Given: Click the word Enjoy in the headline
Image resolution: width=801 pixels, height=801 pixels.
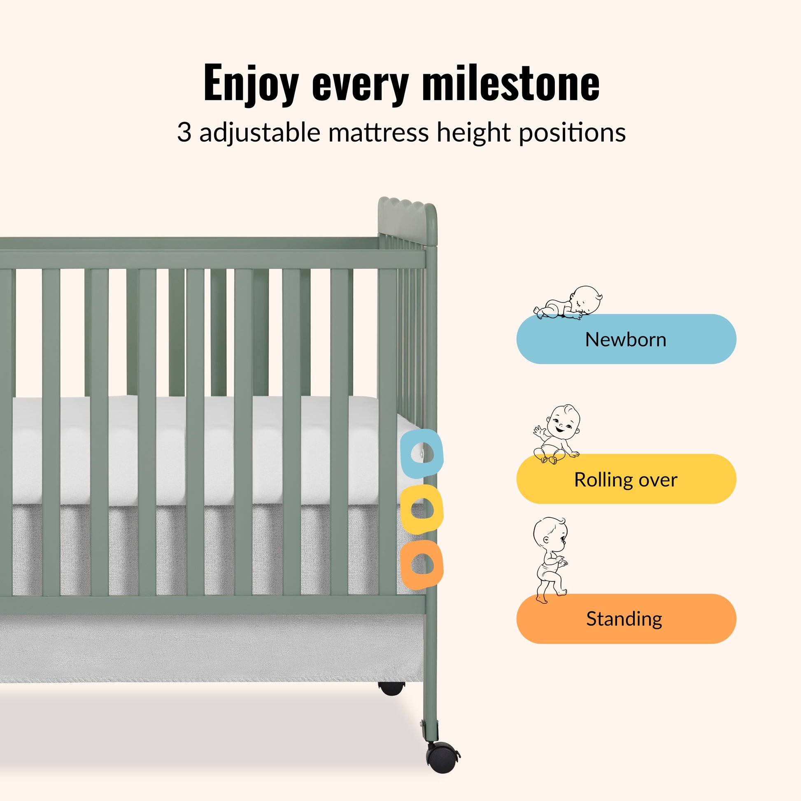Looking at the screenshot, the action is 251,84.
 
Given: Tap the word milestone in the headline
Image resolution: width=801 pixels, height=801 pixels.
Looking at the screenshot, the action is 511,82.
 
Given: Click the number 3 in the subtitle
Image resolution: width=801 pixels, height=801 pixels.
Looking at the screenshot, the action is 184,133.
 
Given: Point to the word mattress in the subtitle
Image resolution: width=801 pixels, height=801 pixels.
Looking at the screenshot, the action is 379,133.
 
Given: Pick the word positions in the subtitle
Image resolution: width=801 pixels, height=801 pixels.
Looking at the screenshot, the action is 572,133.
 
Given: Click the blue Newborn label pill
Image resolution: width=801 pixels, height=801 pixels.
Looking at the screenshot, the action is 626,339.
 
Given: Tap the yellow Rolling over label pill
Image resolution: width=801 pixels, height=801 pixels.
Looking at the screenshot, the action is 626,479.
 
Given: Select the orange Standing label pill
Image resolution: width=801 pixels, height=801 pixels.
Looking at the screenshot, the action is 626,619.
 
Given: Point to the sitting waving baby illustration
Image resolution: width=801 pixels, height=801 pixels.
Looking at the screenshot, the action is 557,434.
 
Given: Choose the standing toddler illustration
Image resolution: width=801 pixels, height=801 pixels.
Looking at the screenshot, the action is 551,560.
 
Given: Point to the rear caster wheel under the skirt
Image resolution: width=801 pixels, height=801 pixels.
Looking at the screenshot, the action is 391,688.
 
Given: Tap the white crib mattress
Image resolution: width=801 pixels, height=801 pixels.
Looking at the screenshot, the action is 207,450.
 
